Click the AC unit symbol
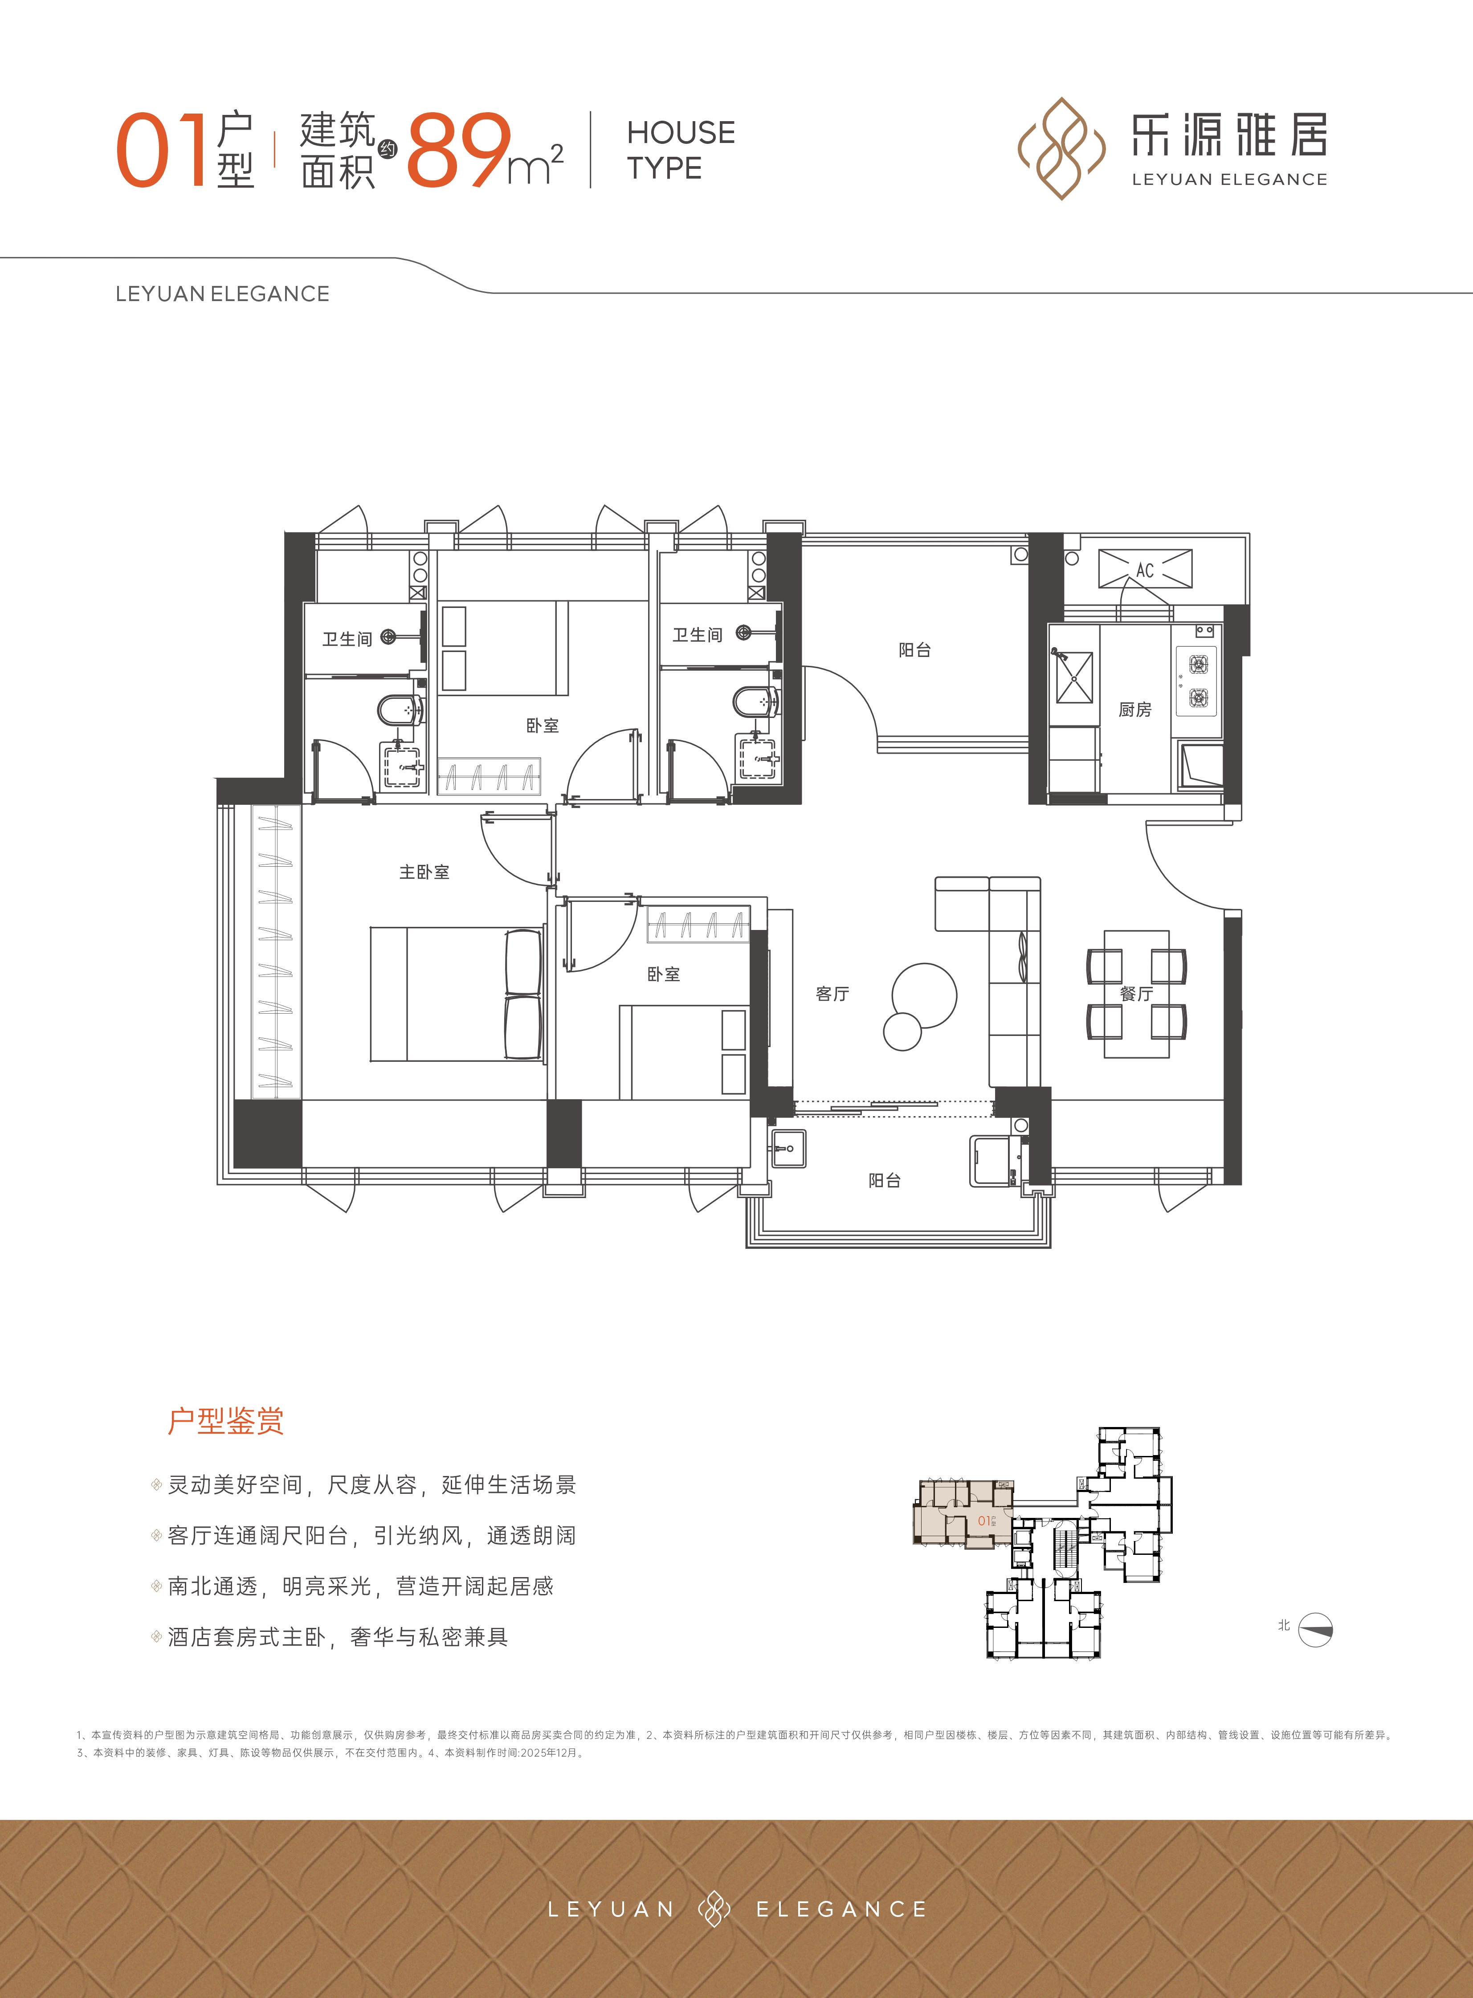1145,569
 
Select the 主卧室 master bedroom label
424,872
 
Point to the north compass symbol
1315,1630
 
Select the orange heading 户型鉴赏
225,1420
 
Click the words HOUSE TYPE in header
680,150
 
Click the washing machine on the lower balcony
992,1161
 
